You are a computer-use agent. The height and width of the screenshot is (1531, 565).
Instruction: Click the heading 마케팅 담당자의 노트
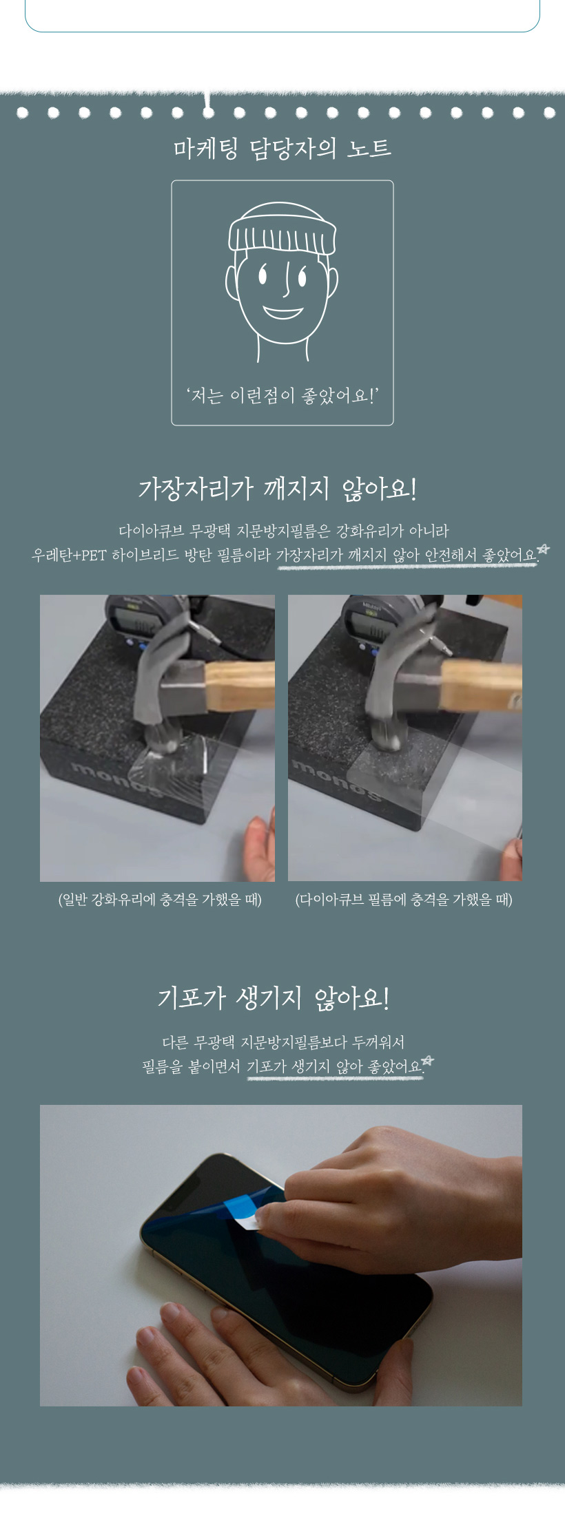pyautogui.click(x=282, y=148)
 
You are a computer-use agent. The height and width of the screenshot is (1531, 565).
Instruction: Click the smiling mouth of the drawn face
pyautogui.click(x=282, y=313)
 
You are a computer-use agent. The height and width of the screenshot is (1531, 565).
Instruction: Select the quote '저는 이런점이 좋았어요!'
pyautogui.click(x=282, y=396)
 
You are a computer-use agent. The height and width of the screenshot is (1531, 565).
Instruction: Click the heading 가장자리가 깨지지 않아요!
pyautogui.click(x=278, y=489)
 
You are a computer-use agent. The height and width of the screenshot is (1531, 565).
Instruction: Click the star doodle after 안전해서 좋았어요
pyautogui.click(x=544, y=549)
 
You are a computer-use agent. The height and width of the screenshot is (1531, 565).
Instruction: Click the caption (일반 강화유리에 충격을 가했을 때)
pyautogui.click(x=160, y=900)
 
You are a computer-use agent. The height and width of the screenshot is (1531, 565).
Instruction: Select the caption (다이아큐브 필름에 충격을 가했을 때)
pyautogui.click(x=404, y=900)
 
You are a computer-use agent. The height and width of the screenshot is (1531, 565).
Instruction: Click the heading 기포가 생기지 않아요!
pyautogui.click(x=274, y=998)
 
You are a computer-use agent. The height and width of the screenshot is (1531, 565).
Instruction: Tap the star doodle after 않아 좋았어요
pyautogui.click(x=427, y=1061)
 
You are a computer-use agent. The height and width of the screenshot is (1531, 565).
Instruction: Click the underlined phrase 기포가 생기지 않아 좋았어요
pyautogui.click(x=334, y=1067)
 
